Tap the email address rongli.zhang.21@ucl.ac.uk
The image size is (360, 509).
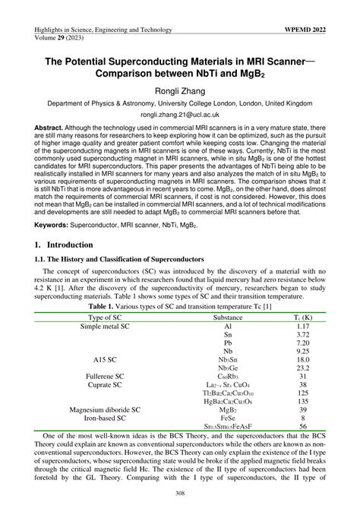coord(180,110)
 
